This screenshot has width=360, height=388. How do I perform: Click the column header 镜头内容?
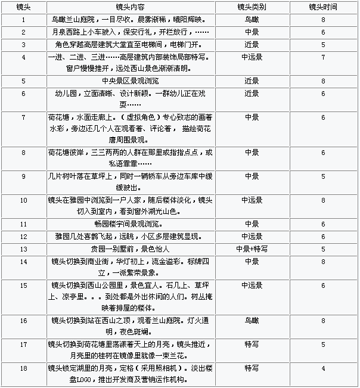click(x=132, y=8)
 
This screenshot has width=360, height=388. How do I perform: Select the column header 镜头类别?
click(x=252, y=8)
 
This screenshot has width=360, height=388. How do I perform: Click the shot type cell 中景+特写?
click(x=252, y=249)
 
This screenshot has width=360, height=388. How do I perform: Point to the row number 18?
click(x=23, y=368)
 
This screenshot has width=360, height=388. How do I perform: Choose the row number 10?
click(x=23, y=200)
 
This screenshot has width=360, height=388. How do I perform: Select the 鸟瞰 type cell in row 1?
click(x=252, y=20)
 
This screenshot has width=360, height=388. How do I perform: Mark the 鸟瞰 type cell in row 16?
click(x=252, y=320)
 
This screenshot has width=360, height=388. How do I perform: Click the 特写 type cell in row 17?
click(x=252, y=344)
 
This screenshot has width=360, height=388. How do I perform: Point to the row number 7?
click(x=23, y=117)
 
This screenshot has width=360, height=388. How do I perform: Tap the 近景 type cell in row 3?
click(x=252, y=44)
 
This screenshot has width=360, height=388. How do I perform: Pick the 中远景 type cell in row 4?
click(x=252, y=57)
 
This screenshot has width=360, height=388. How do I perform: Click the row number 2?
click(x=23, y=32)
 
